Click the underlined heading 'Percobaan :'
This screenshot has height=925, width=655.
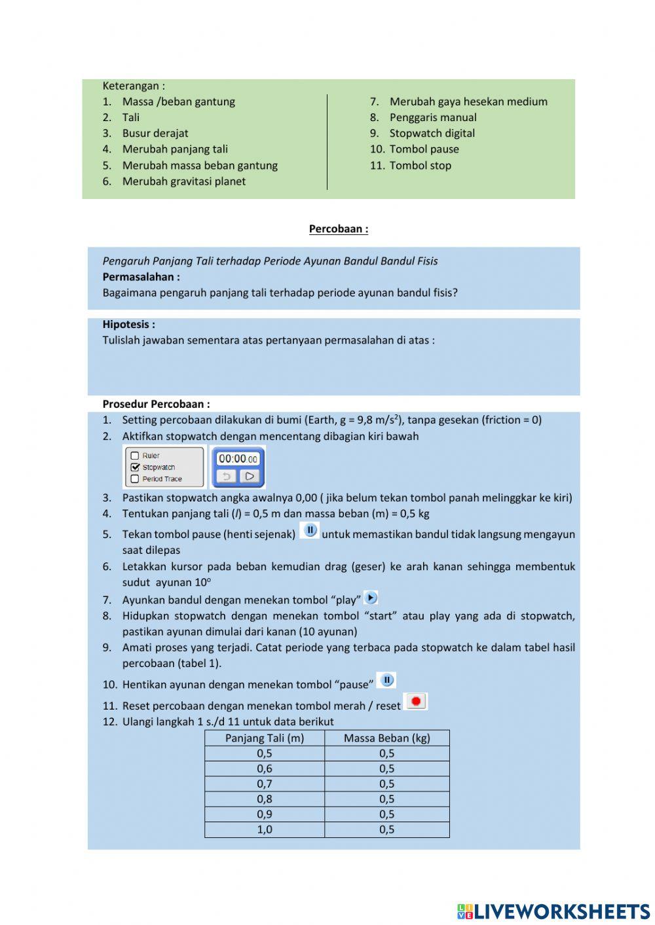click(338, 229)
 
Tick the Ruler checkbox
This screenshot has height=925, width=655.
click(135, 456)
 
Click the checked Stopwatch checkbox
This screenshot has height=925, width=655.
click(135, 467)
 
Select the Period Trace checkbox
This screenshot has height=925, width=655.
click(135, 479)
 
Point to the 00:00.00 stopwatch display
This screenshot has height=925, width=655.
click(237, 459)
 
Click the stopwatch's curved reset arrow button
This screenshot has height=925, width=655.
click(227, 477)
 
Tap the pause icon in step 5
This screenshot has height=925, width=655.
click(310, 530)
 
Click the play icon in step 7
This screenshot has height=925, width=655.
click(371, 598)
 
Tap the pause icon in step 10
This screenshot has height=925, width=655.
click(386, 681)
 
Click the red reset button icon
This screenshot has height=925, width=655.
click(416, 702)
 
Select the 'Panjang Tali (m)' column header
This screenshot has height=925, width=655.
click(265, 738)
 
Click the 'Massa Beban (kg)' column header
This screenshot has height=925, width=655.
click(386, 738)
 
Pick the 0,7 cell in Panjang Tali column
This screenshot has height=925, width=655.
click(265, 784)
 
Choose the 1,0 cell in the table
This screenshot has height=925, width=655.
click(265, 829)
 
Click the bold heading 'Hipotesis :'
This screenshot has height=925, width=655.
click(129, 325)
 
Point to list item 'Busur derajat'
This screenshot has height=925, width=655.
click(155, 134)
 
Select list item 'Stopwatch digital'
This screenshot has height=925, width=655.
click(432, 134)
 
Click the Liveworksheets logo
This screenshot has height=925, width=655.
click(553, 911)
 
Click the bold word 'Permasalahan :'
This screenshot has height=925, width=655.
click(141, 277)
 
